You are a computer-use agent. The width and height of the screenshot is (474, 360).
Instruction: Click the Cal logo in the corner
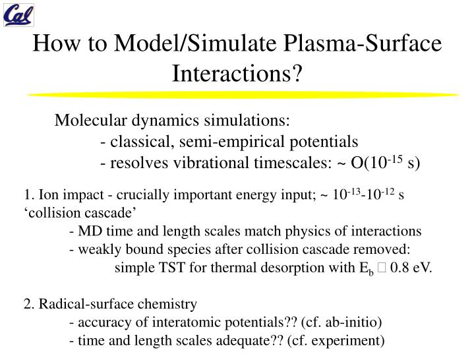(19, 15)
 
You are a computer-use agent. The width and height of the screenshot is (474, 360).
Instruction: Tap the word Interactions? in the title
(237, 73)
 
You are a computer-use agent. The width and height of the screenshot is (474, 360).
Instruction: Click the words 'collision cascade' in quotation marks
(80, 212)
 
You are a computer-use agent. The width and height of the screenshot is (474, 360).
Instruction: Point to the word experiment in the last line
(349, 341)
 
